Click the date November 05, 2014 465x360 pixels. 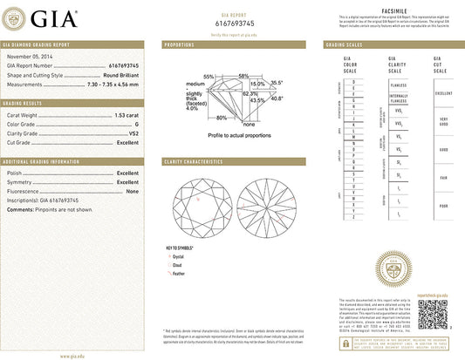(31, 57)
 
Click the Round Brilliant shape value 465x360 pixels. (118, 75)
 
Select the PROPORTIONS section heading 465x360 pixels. (181, 44)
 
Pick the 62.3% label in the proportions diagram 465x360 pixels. (250, 93)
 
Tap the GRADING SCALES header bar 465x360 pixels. (390, 44)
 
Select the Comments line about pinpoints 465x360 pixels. (51, 210)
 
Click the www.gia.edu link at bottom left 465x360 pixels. (72, 356)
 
